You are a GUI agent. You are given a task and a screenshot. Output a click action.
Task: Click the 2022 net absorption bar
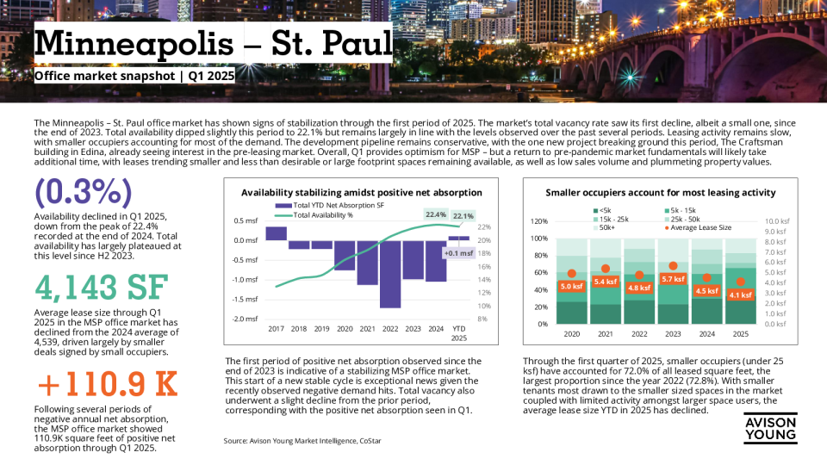click(x=389, y=274)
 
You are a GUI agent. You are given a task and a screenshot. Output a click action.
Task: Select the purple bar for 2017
click(x=276, y=233)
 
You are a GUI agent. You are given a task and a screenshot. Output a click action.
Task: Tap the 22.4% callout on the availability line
click(x=436, y=214)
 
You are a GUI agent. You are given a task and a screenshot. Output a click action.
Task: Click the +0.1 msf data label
click(x=457, y=253)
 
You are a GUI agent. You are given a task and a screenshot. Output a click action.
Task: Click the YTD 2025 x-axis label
click(x=458, y=332)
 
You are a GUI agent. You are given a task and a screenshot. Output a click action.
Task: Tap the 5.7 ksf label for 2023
click(x=672, y=279)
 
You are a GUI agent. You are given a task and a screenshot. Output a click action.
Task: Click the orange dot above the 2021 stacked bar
click(x=606, y=269)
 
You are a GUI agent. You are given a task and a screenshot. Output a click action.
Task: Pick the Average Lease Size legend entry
click(x=700, y=227)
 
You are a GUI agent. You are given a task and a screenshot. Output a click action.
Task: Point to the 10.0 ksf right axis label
click(x=777, y=221)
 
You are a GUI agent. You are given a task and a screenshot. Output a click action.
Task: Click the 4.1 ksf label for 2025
click(x=740, y=294)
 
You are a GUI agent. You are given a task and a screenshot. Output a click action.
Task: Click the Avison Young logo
click(x=771, y=427)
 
